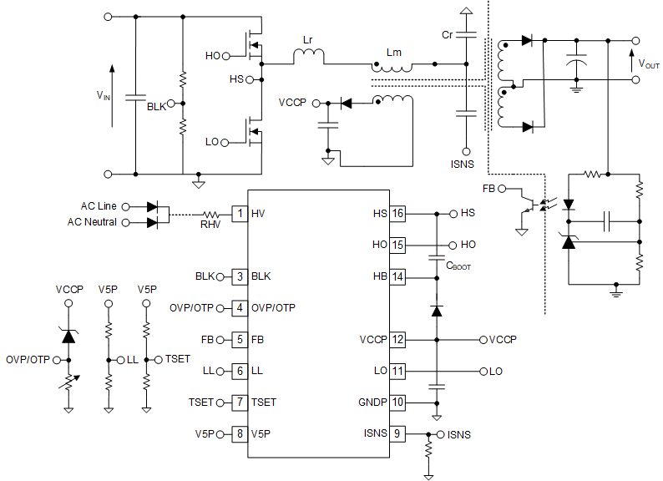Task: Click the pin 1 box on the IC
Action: click(240, 214)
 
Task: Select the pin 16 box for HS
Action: click(397, 214)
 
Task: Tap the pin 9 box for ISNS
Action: click(397, 433)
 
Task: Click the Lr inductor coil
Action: click(308, 55)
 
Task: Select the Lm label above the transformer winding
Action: click(393, 52)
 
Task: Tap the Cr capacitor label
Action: click(448, 35)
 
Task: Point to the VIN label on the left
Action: click(103, 95)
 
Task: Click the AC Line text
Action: click(99, 205)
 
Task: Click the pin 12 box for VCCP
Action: click(397, 340)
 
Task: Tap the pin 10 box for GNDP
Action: click(397, 402)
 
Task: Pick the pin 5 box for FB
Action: click(240, 340)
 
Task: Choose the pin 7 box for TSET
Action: click(240, 402)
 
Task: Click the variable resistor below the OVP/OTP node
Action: click(69, 385)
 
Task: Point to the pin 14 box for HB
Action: click(397, 276)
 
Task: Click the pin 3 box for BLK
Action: click(240, 276)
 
